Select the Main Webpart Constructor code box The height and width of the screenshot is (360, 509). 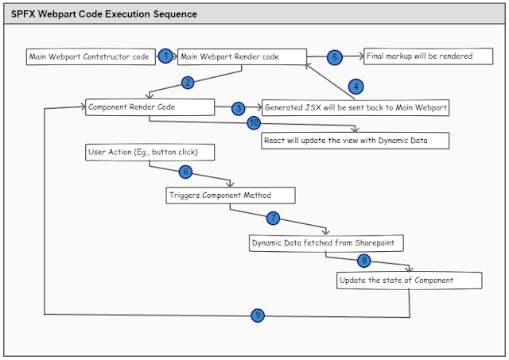coord(88,57)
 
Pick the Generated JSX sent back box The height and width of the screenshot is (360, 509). coord(355,108)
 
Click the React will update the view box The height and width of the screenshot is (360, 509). coord(356,141)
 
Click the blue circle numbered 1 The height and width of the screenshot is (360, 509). coord(165,56)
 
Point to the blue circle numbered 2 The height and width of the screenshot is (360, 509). coord(188,82)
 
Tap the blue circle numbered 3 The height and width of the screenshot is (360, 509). coord(238,108)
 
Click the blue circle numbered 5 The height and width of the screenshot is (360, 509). coord(335,57)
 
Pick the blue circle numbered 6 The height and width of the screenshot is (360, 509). coord(185,172)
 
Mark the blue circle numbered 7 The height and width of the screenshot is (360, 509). coord(273,217)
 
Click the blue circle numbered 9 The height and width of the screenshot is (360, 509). coord(257,315)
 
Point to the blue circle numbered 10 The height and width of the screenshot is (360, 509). coord(254,123)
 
